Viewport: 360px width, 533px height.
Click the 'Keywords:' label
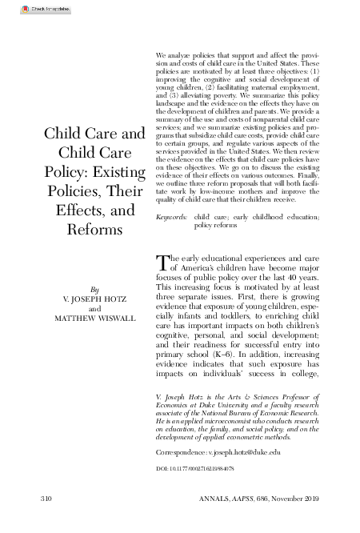tap(171, 217)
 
